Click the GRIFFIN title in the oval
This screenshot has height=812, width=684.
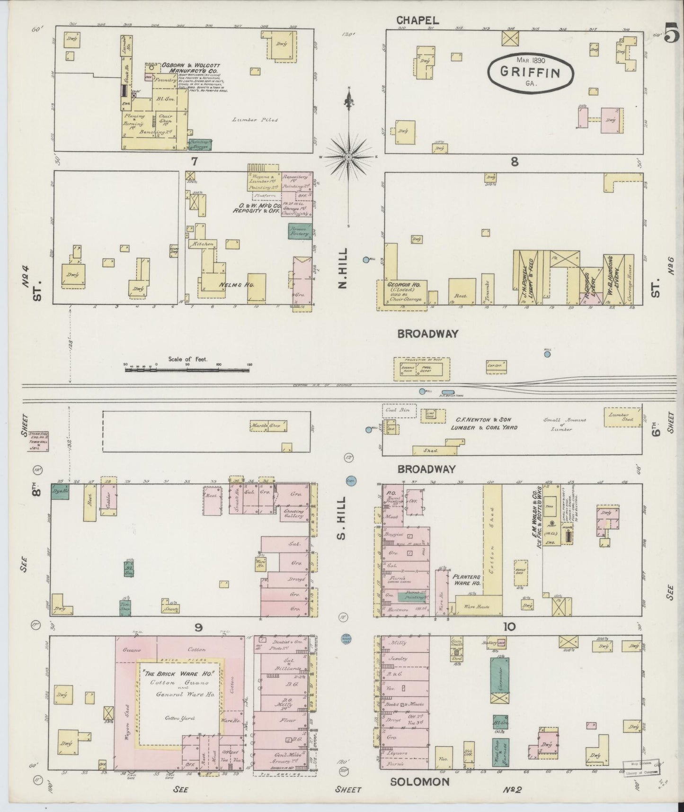[x=531, y=72]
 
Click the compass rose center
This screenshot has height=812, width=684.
[x=349, y=156]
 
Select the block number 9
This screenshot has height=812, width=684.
[x=198, y=627]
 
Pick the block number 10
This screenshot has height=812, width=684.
[x=509, y=627]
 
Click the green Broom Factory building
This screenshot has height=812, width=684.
[x=300, y=231]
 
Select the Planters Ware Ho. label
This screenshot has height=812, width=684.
[x=466, y=580]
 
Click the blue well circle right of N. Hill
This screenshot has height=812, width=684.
[x=365, y=259]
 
